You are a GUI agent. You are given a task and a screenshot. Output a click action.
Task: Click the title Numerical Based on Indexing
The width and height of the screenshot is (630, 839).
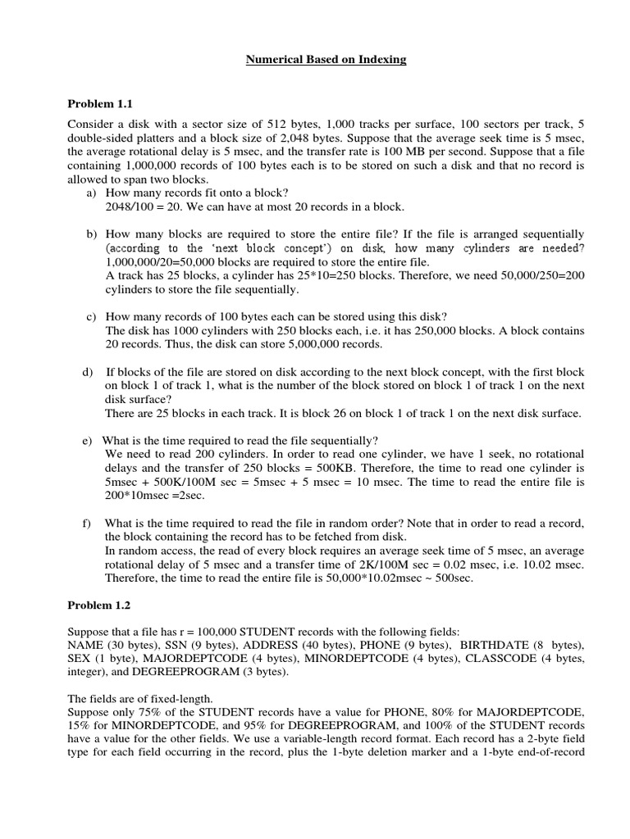326,61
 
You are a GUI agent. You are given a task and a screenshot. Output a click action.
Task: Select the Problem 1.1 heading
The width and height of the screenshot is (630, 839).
98,104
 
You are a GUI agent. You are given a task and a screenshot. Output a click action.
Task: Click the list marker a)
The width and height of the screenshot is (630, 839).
92,193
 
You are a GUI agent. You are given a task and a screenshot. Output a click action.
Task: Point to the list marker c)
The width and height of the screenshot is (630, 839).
92,317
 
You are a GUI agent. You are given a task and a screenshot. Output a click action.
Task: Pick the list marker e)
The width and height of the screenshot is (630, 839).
87,441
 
